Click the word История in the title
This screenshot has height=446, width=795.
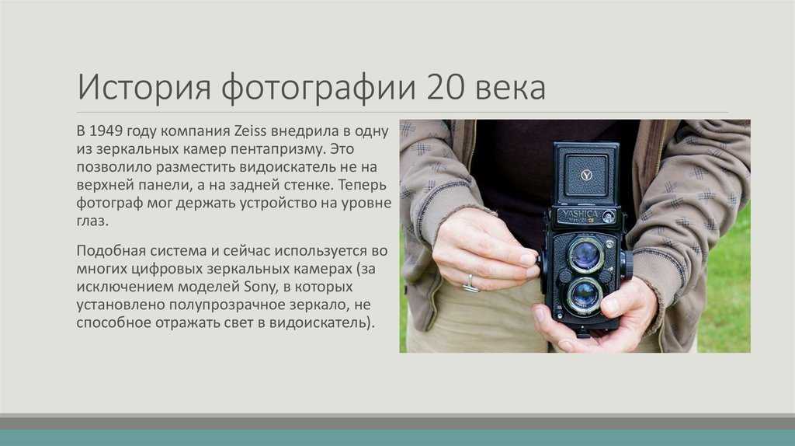144,87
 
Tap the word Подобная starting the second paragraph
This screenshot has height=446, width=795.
111,251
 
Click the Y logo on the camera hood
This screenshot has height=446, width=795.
586,175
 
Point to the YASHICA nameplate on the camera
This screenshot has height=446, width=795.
581,214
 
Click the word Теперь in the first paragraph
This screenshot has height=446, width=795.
363,185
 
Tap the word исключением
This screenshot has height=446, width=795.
125,287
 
